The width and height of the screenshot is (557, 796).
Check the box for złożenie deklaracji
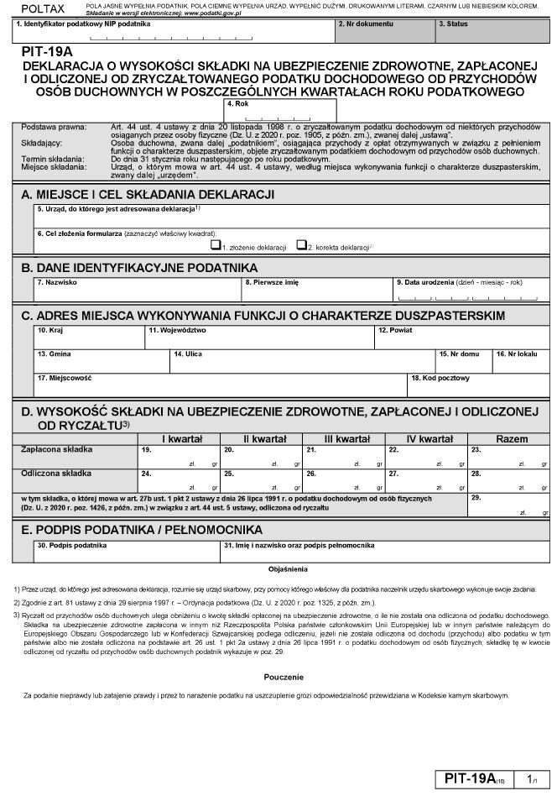tap(216, 246)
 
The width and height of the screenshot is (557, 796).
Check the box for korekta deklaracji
tap(301, 246)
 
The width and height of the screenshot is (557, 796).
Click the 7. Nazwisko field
tap(137, 291)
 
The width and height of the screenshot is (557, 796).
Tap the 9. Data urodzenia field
tap(469, 291)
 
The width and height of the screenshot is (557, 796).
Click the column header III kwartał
tap(347, 439)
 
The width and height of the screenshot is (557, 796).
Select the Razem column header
tap(511, 439)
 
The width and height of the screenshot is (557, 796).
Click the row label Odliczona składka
tap(49, 474)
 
